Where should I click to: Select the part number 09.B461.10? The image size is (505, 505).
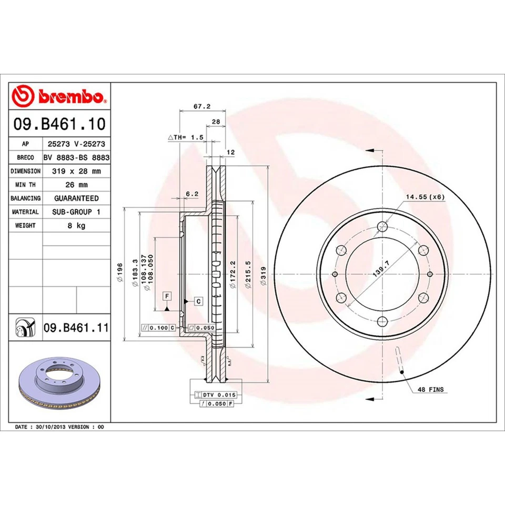coord(59,125)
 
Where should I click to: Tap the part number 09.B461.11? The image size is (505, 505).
coord(75,329)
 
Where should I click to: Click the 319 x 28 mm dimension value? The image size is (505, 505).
coord(76,171)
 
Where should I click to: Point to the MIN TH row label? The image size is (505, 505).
coord(25,185)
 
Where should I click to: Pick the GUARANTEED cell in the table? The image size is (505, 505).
coord(76,198)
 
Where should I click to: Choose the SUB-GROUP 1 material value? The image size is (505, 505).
coord(76,211)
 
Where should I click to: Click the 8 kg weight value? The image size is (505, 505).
coord(76,225)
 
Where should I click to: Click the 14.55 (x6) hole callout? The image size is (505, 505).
coord(425,197)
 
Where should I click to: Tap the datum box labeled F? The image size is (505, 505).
coord(167,296)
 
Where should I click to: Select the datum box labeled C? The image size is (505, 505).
coord(198,301)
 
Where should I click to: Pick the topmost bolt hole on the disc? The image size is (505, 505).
coord(382,227)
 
